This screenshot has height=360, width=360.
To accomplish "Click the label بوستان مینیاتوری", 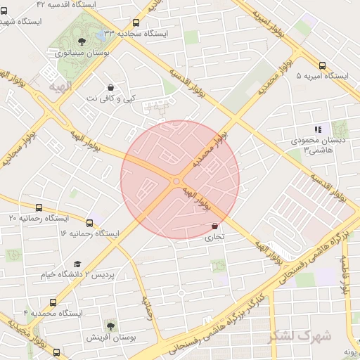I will click(x=81, y=52).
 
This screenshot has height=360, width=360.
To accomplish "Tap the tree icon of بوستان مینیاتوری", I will click(x=82, y=41).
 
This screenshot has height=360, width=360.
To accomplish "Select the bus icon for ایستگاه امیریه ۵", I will click(x=322, y=65).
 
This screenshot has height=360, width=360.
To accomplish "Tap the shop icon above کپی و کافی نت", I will click(x=110, y=87).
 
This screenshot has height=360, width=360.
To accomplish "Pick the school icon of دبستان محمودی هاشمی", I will click(x=318, y=129).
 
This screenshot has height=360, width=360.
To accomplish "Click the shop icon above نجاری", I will click(x=214, y=226).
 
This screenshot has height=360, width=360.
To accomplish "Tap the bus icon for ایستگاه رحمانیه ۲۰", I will click(x=39, y=207).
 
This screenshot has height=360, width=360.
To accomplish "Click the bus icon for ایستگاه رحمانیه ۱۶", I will click(x=89, y=222).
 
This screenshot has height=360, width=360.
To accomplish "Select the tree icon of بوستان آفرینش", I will click(x=110, y=326).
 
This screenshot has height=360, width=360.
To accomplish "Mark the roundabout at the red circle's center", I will click(x=176, y=182).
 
